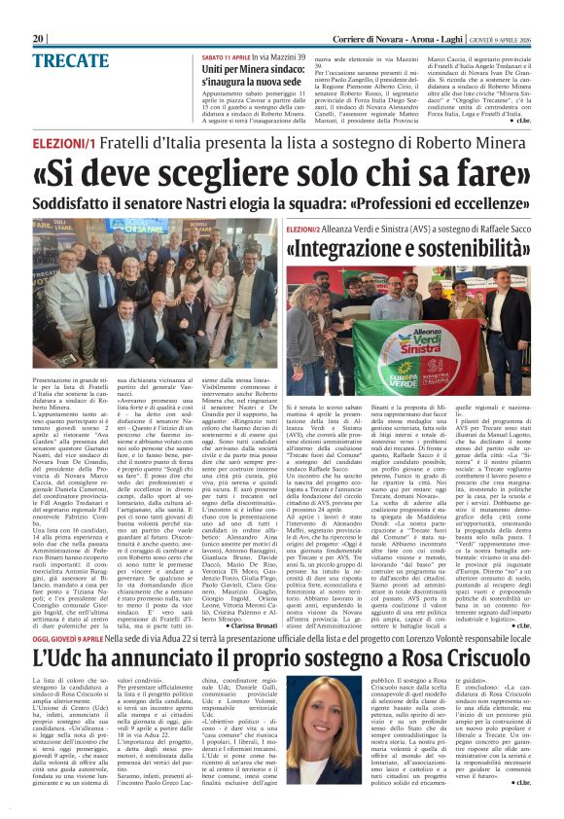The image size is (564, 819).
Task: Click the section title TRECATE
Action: [71, 60]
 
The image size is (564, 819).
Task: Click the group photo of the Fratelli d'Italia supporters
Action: [157, 286]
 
